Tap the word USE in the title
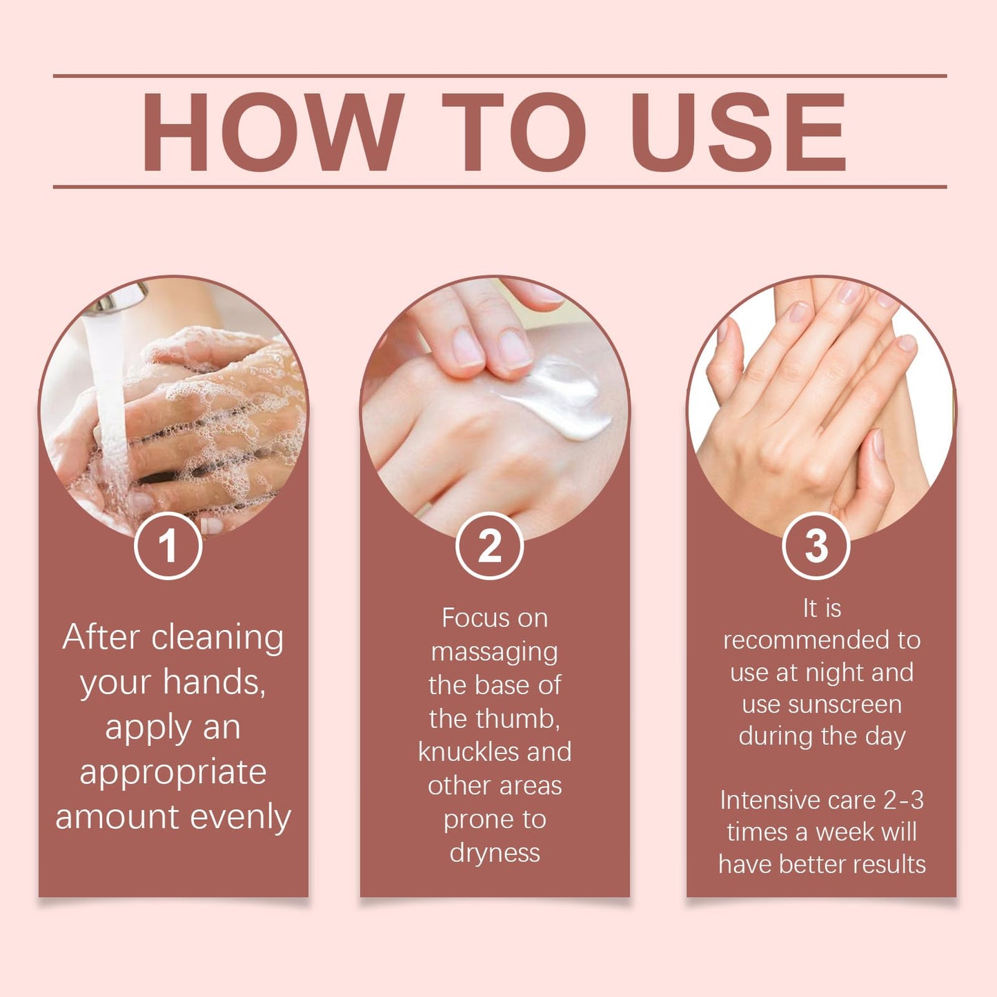pyautogui.click(x=738, y=131)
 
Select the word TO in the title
pyautogui.click(x=514, y=131)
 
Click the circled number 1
pyautogui.click(x=168, y=546)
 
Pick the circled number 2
pyautogui.click(x=490, y=546)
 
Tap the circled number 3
pyautogui.click(x=816, y=546)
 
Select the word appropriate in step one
pyautogui.click(x=172, y=772)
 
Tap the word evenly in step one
pyautogui.click(x=240, y=818)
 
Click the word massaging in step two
pyautogui.click(x=494, y=652)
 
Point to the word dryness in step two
pyautogui.click(x=494, y=853)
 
